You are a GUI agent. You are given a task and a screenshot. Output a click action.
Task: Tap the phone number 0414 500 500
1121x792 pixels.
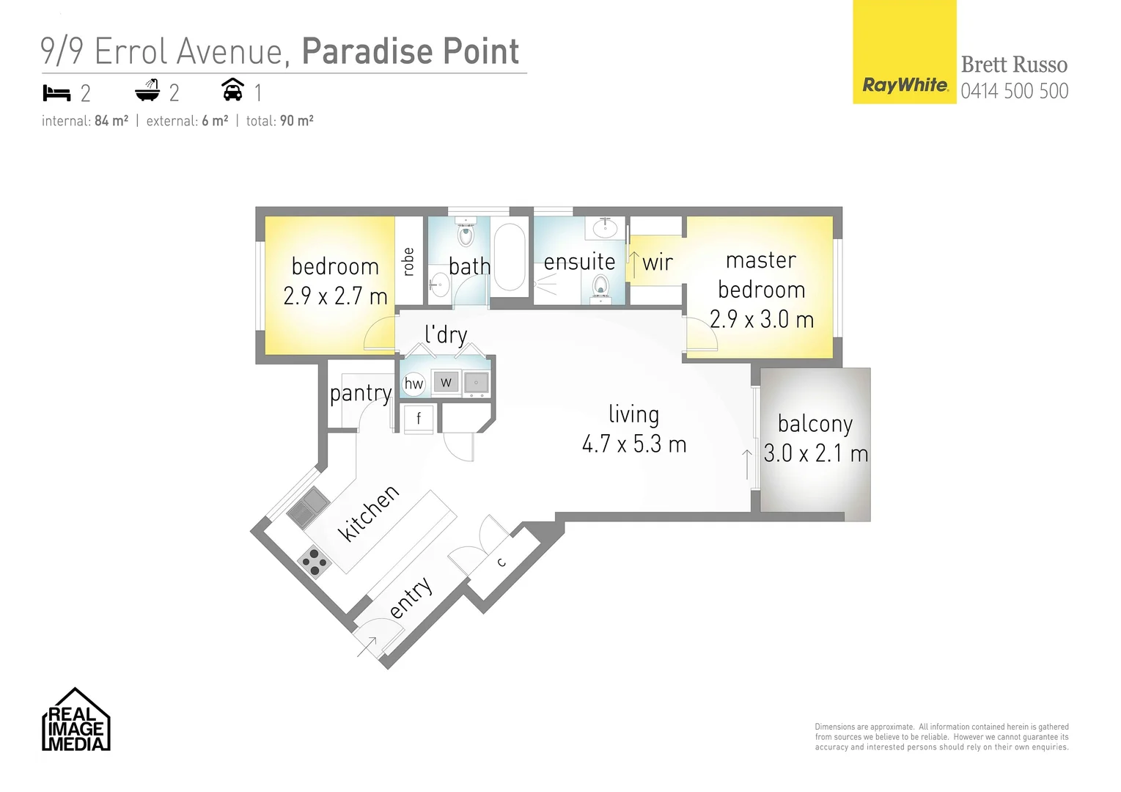tap(1014, 91)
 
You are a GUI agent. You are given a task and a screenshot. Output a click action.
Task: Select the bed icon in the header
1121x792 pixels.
tap(56, 93)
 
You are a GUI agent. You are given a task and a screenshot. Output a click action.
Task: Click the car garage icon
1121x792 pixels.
tap(232, 90)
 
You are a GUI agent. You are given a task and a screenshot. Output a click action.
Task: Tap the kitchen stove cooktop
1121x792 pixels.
tap(315, 562)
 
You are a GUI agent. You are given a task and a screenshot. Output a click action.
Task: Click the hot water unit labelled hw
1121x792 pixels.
tap(414, 383)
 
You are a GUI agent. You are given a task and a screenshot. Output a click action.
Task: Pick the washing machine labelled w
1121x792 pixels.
tap(446, 382)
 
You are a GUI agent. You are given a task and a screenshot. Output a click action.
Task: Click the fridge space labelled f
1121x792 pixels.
tap(419, 419)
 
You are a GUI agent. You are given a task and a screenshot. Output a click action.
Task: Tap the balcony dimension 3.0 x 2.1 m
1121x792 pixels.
tap(815, 454)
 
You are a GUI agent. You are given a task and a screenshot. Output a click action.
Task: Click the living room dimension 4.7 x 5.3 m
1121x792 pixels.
tap(633, 444)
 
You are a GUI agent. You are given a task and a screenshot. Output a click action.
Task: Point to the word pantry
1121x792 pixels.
tap(360, 394)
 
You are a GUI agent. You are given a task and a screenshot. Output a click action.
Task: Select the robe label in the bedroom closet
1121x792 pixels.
tap(409, 262)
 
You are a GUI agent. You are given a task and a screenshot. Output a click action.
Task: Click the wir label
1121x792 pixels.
tap(657, 263)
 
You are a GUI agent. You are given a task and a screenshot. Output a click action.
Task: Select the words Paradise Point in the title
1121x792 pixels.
tap(410, 51)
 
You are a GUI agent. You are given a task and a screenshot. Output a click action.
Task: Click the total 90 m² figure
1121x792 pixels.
tap(296, 121)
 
